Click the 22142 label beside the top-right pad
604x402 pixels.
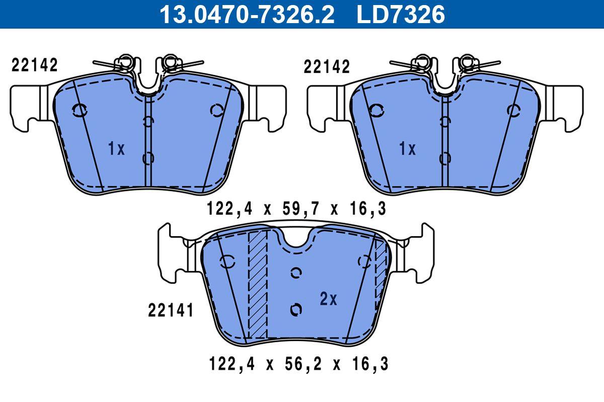tap(327, 67)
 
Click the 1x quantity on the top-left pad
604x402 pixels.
tap(116, 149)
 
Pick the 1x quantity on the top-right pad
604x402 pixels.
tap(408, 149)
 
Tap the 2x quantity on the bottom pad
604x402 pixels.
tap(328, 299)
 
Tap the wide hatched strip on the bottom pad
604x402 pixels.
tap(258, 286)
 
